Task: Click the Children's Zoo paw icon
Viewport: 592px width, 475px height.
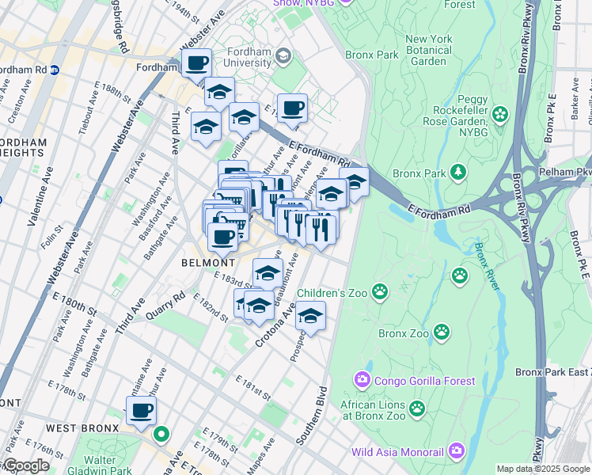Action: tap(381, 292)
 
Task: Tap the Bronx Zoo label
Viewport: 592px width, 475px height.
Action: tap(404, 333)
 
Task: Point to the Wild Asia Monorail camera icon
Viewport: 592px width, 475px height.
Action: tap(456, 452)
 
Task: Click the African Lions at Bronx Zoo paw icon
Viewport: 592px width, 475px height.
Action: tap(416, 408)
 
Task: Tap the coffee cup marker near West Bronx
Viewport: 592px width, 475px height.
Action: tap(142, 411)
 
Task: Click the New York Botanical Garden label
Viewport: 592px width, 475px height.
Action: tap(429, 50)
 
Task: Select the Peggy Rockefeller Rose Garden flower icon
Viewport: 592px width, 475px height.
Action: tap(499, 115)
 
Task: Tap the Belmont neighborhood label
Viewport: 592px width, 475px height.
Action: tap(208, 262)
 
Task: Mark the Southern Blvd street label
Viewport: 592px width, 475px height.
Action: tap(311, 416)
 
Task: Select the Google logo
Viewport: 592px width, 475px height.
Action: tap(25, 465)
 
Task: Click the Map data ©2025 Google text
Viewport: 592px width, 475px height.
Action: tap(543, 469)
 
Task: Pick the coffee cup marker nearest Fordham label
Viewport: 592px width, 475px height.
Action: tap(198, 63)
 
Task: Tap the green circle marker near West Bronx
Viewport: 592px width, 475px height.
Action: tap(161, 434)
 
